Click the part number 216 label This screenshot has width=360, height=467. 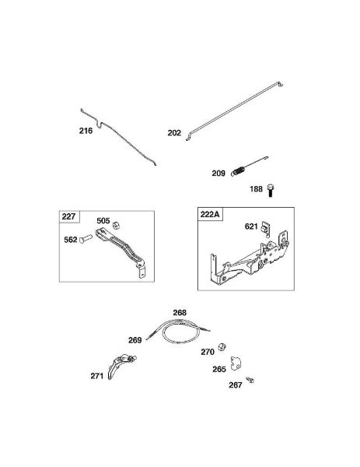tap(86, 131)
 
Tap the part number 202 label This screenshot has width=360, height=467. tap(174, 133)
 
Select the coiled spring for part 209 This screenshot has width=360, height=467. tap(238, 172)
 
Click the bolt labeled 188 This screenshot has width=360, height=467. tap(270, 191)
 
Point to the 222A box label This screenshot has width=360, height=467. tap(210, 214)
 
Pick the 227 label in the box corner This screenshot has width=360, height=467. tap(68, 216)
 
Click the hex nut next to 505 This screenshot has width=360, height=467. tap(117, 226)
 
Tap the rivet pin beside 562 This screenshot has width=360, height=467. tap(86, 238)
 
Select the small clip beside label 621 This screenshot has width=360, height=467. tap(265, 229)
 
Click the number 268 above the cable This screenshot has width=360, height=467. tap(180, 312)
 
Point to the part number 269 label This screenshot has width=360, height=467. tap(135, 340)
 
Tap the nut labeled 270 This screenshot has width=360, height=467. tap(222, 347)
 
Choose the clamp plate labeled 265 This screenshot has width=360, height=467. tap(236, 363)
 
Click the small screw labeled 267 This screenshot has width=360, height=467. tap(250, 380)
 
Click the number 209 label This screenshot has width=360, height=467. tap(218, 174)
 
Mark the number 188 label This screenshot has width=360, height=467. tap(256, 189)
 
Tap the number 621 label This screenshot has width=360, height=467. tap(251, 226)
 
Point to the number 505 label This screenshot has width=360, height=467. tap(103, 221)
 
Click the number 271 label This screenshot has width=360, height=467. tap(97, 376)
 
